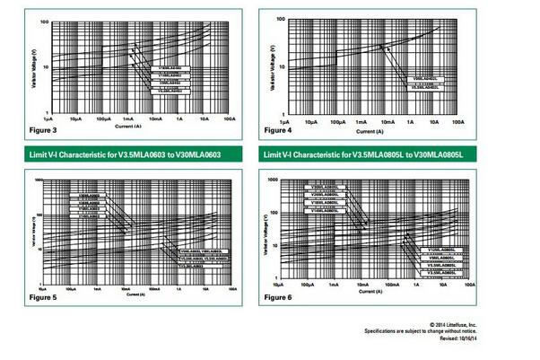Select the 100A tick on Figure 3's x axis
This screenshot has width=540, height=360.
click(x=230, y=119)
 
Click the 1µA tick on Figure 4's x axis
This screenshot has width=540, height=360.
click(x=285, y=120)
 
